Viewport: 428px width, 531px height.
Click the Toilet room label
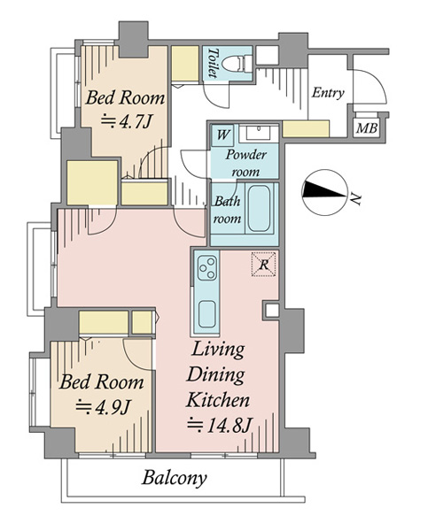[213, 63]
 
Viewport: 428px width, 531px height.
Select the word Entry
[328, 92]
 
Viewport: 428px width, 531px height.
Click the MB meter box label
[367, 128]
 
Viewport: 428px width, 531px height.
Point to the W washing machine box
[222, 135]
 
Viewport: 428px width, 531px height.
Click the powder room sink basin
[259, 133]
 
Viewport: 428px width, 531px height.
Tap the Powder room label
[245, 163]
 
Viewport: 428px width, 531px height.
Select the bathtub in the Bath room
[259, 209]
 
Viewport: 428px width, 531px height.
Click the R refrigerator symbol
[263, 264]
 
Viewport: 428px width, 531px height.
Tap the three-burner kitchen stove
[206, 267]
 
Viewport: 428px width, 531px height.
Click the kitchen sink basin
[206, 314]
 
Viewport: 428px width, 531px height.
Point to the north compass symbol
[324, 193]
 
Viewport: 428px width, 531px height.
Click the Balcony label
[174, 479]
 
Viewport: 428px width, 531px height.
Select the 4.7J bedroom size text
[126, 121]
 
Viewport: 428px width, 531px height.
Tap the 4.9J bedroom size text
[103, 407]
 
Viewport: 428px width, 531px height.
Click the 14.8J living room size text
[219, 426]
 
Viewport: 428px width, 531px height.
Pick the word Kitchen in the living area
[218, 400]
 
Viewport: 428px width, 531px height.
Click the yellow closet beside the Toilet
[185, 63]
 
